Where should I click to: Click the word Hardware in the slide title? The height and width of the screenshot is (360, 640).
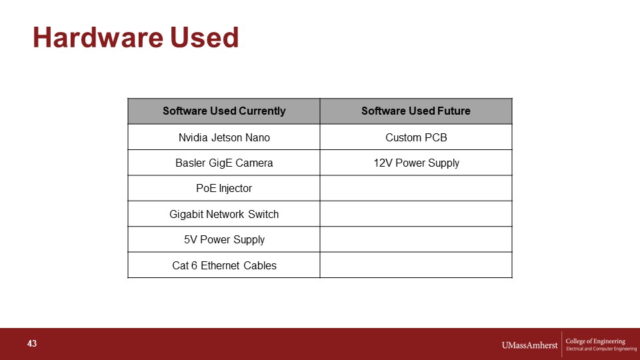tap(98, 37)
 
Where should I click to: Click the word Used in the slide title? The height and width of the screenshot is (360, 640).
tap(204, 37)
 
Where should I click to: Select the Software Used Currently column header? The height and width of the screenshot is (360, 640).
tap(224, 111)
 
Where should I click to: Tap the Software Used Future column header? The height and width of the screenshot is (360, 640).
tap(416, 111)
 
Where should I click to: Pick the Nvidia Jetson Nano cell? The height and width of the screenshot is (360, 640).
tap(224, 137)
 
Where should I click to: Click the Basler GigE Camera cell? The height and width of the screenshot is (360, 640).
tap(224, 163)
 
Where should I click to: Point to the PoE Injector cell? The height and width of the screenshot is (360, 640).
tap(224, 188)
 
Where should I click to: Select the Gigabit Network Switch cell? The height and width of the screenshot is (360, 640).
tap(224, 214)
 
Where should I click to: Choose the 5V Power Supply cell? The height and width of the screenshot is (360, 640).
tap(224, 239)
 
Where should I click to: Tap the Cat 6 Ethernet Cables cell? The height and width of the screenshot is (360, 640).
tap(224, 265)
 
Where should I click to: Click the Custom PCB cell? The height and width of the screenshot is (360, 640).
tap(416, 137)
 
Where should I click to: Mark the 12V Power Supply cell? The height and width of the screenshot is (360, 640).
tap(416, 163)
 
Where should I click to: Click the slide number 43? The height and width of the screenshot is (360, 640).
tap(32, 344)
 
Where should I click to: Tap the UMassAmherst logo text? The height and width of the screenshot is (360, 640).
tap(529, 345)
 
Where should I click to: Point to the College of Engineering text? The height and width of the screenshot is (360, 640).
tap(595, 341)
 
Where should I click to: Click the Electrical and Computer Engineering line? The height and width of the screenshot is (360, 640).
tap(601, 349)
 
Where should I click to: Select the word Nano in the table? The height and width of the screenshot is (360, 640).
tap(257, 137)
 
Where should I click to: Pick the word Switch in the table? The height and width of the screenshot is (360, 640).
tap(263, 214)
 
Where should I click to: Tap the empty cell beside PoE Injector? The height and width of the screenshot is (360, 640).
tap(416, 188)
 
